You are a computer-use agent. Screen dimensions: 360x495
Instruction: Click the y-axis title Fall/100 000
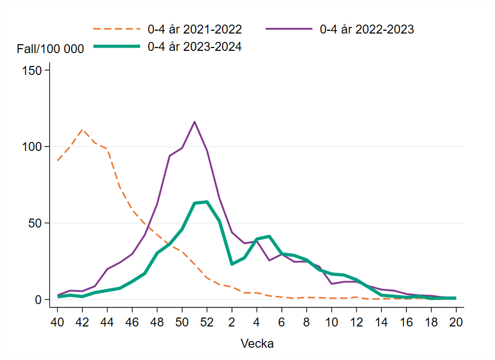click(50, 49)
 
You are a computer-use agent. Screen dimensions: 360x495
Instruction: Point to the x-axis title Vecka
click(257, 343)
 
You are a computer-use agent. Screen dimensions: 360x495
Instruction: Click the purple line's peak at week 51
click(195, 122)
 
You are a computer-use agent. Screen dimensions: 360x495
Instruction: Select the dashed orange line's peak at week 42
click(82, 130)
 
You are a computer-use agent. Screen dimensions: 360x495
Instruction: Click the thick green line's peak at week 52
click(207, 202)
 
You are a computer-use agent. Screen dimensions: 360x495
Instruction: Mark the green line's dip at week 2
click(232, 264)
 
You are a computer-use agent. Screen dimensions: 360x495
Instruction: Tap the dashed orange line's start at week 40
click(58, 161)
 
